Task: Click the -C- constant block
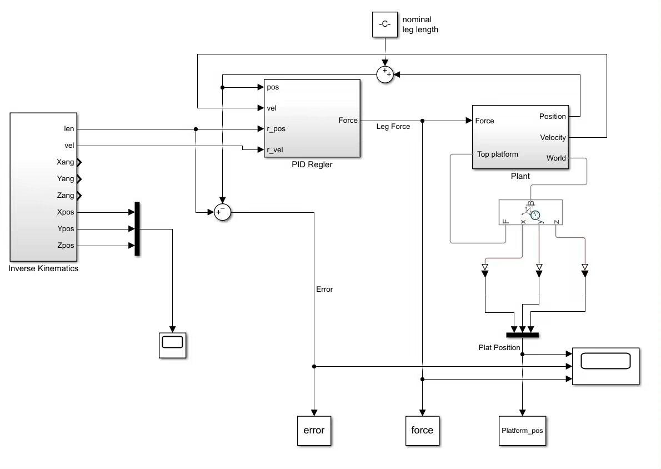(384, 24)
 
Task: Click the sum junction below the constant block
(384, 74)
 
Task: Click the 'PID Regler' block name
(312, 164)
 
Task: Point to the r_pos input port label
(276, 128)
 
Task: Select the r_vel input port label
(276, 149)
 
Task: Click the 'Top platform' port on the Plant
(497, 154)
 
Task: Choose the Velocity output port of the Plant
(552, 137)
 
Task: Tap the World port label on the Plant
(555, 158)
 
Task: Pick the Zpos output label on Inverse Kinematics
(65, 246)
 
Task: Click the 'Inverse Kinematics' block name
(43, 268)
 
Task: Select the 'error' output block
(314, 430)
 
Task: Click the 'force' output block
(422, 430)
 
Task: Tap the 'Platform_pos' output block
(522, 430)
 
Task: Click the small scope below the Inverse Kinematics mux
(172, 345)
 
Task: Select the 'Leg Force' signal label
(393, 127)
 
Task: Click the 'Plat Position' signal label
(499, 347)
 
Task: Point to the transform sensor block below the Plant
(530, 212)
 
